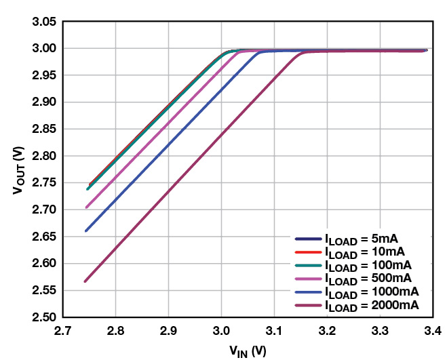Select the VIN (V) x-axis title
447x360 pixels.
(x=247, y=351)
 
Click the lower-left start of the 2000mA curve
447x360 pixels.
(x=85, y=281)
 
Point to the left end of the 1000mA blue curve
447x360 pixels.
(x=85, y=231)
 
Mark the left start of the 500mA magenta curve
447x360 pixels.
(x=86, y=207)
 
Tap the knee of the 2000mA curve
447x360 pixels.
(x=301, y=54)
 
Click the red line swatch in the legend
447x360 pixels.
(x=307, y=252)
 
